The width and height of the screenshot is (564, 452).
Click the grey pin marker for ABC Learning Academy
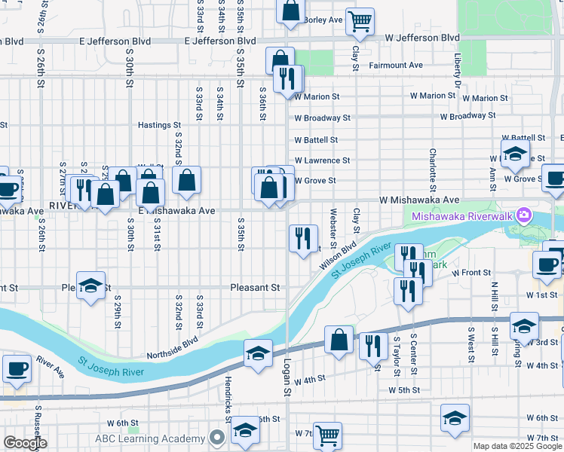[218, 438]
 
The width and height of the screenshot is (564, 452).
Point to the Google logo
[25, 443]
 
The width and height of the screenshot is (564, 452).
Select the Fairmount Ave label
[395, 66]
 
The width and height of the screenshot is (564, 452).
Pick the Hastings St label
[159, 125]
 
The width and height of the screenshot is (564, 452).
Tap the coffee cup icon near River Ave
[17, 369]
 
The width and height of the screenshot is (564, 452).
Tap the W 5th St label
[404, 390]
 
